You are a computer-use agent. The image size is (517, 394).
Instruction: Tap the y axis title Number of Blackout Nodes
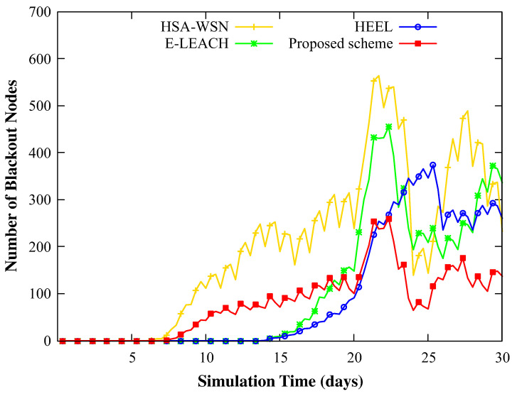pyautogui.click(x=12, y=176)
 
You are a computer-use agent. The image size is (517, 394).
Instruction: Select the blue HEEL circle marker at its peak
pyautogui.click(x=433, y=165)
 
